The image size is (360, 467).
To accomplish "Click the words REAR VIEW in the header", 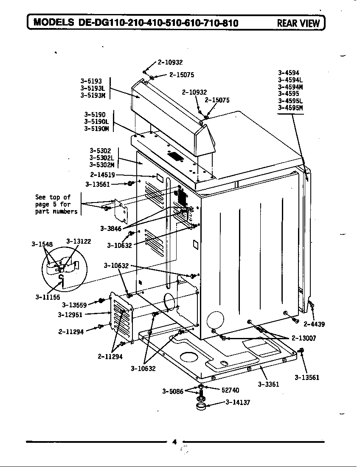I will (x=298, y=23).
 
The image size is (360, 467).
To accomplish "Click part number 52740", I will (x=230, y=390).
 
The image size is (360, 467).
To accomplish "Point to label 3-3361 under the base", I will (x=268, y=384).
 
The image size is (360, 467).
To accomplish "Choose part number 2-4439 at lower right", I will (x=314, y=324).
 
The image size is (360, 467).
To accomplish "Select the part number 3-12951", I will (x=70, y=315).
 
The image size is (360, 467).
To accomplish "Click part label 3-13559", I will (x=74, y=305).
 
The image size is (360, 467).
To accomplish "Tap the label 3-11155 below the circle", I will (x=47, y=297).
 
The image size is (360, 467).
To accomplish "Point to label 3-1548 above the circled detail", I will (x=42, y=244).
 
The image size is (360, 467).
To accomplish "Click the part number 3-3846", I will (x=111, y=228).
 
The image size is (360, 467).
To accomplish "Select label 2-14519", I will (x=102, y=174).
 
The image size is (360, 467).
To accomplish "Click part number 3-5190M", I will (x=96, y=129).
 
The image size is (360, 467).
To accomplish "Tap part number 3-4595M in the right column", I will (x=290, y=108).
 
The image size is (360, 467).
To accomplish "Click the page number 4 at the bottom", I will (x=174, y=442).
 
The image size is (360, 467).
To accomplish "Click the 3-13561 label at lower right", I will (x=307, y=377).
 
